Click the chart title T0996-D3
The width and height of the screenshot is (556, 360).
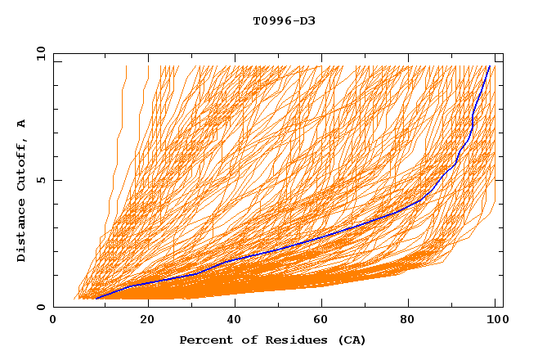point(284,20)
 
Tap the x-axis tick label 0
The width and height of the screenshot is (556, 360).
point(53,320)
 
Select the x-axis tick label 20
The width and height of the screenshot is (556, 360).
point(147,320)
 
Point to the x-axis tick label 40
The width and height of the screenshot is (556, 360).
point(236,320)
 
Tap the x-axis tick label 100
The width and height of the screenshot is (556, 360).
point(497,320)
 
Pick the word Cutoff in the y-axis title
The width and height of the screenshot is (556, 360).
point(22,165)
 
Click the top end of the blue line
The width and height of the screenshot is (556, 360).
point(489,66)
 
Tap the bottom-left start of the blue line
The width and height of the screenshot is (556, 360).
point(96,299)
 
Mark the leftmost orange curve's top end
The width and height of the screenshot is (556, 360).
point(126,66)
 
